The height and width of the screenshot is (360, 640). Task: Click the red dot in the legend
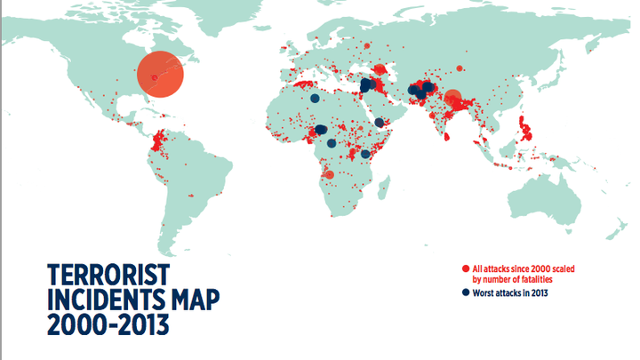[x=466, y=268]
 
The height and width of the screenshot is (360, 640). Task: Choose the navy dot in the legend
[x=466, y=292]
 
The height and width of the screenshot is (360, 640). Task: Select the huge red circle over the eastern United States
[x=161, y=73]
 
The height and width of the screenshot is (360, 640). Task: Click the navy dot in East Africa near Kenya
[x=366, y=154]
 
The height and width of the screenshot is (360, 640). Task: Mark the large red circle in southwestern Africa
[x=329, y=175]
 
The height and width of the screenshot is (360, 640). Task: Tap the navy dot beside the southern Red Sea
[x=380, y=123]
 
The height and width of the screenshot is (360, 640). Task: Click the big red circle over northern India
[x=452, y=99]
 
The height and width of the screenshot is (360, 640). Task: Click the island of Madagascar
[x=385, y=188]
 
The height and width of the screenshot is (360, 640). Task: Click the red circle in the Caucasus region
[x=380, y=69]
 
